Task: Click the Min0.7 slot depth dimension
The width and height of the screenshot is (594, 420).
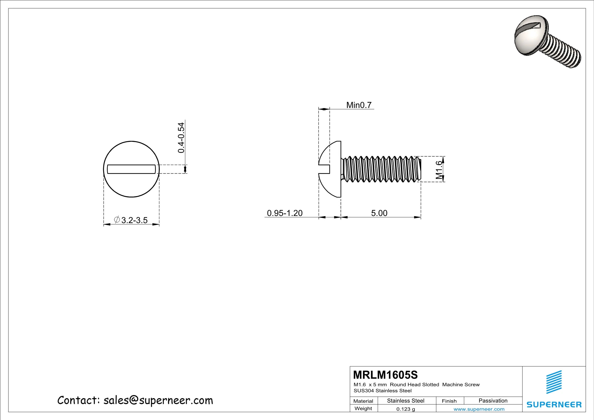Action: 359,105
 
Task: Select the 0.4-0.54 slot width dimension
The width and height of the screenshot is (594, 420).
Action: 181,138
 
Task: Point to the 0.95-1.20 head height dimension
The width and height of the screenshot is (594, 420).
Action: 285,213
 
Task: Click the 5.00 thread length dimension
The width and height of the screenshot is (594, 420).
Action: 379,213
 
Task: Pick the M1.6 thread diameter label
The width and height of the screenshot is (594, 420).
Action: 439,170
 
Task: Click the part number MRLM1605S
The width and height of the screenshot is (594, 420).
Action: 385,375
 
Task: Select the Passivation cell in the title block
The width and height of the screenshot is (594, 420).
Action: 493,401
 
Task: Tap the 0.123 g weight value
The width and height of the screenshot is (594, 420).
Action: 405,409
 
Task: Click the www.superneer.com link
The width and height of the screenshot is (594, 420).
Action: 479,409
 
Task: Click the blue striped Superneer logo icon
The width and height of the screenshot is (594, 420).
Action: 554,382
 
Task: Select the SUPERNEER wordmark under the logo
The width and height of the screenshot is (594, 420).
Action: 554,404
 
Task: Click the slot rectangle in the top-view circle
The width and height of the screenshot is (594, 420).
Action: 132,169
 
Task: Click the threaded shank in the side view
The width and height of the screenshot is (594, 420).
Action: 381,169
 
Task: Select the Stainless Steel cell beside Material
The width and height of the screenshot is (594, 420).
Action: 405,401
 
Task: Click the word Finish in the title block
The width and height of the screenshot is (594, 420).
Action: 449,401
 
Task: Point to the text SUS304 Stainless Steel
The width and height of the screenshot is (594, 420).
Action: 383,391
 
